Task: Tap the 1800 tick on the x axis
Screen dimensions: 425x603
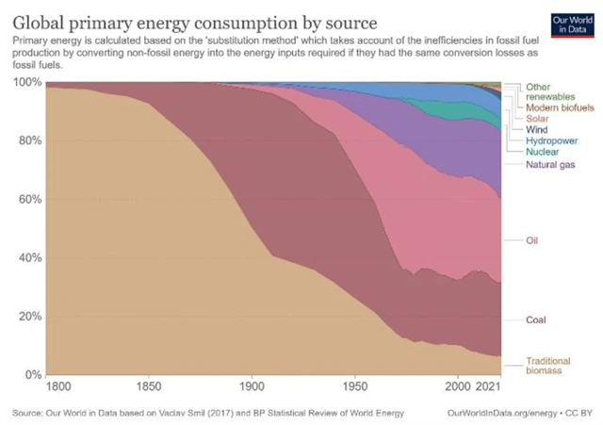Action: pyautogui.click(x=57, y=386)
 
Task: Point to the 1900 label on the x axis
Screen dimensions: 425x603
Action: pyautogui.click(x=250, y=386)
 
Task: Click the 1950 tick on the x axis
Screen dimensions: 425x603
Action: pyautogui.click(x=354, y=386)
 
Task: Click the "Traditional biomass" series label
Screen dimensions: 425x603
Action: pyautogui.click(x=548, y=366)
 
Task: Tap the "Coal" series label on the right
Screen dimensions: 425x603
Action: pyautogui.click(x=536, y=320)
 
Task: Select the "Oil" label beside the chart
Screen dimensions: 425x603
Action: pyautogui.click(x=531, y=240)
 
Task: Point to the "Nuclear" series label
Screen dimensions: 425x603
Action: pyautogui.click(x=541, y=151)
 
